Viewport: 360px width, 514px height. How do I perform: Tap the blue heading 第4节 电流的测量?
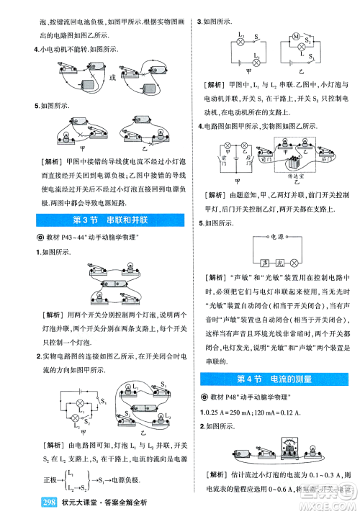click(274, 379)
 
